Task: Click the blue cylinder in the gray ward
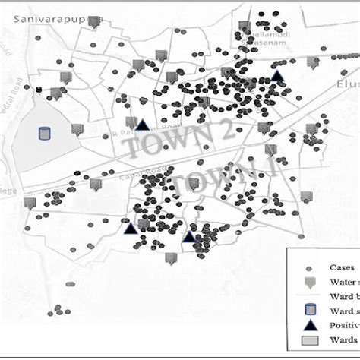pos(45,134)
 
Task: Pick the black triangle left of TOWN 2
pos(142,125)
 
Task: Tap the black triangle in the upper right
pos(277,75)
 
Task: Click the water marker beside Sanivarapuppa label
pos(93,23)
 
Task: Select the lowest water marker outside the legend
pos(172,258)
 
